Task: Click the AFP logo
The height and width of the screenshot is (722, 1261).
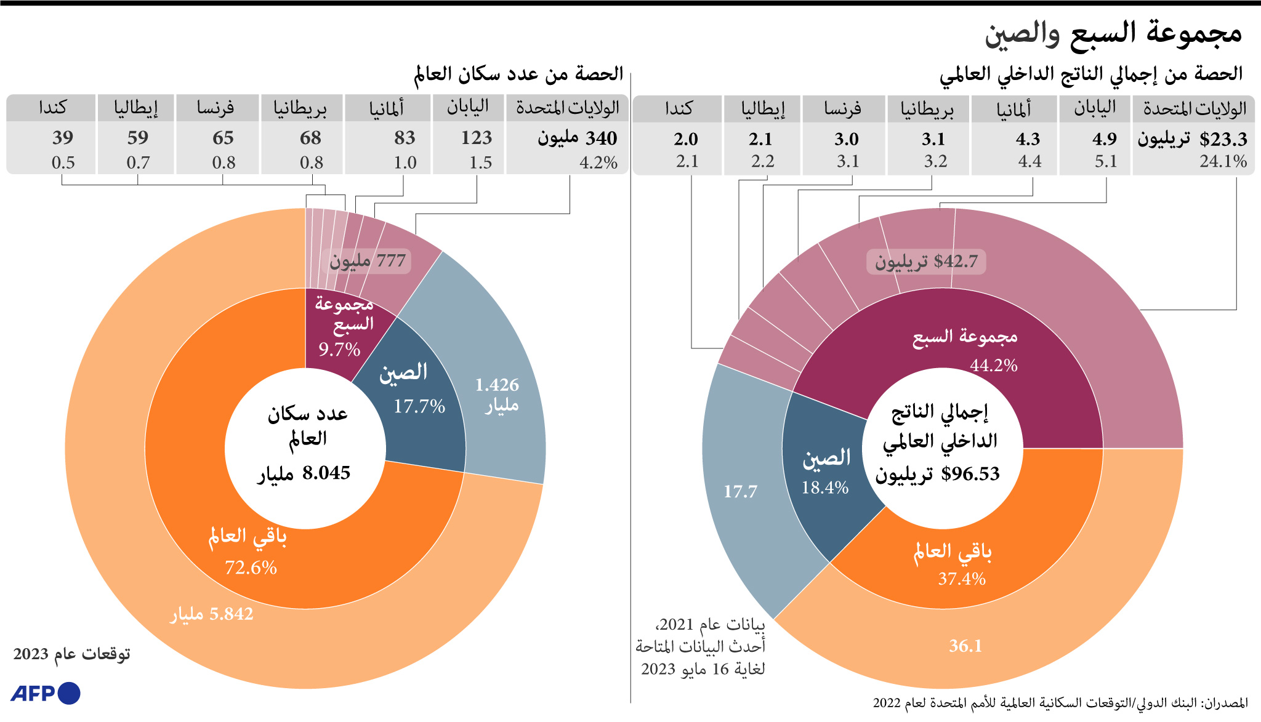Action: coord(46,693)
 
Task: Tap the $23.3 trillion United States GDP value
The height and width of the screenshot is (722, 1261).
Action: coord(1223,139)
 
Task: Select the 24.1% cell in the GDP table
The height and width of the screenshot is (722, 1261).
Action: coord(1223,161)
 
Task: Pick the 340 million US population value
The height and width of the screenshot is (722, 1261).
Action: coord(578,138)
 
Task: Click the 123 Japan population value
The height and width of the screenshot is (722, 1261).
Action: coord(477,137)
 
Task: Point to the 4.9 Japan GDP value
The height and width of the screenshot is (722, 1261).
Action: coord(1105,139)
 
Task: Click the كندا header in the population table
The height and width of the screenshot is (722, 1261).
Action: coord(52,108)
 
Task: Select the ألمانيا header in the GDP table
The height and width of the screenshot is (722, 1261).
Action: coord(1013,109)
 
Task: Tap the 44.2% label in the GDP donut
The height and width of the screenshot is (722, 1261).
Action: coord(994,365)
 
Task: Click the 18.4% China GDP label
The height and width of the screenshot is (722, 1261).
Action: coord(825,487)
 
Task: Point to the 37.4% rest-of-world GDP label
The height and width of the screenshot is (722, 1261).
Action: coord(962,579)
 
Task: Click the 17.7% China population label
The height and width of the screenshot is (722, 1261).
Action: coord(419,406)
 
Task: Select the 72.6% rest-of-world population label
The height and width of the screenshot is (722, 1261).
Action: coord(251,567)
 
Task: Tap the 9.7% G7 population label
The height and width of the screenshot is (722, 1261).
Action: coord(339,350)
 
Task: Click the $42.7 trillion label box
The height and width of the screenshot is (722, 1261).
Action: coord(926,262)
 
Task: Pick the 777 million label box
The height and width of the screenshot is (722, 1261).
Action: coord(368,261)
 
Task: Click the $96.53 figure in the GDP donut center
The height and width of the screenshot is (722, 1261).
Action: coord(970,473)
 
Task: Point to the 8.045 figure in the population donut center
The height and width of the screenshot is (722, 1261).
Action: coord(326,473)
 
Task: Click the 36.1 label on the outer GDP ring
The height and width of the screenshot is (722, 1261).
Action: coord(965,646)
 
